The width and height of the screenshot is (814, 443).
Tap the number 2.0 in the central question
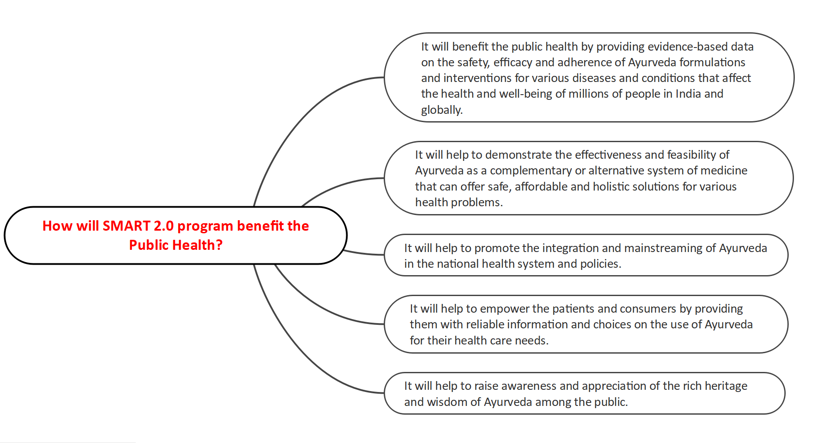(164, 226)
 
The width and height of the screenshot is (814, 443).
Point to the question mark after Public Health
(219, 245)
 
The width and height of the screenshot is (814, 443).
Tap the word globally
(442, 110)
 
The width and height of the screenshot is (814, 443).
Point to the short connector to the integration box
(364, 253)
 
